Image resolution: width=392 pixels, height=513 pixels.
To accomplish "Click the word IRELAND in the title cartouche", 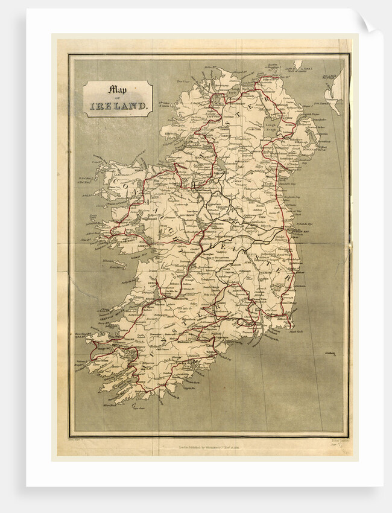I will (118, 107).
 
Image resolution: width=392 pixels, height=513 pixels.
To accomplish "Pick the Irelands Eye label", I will (310, 223).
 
